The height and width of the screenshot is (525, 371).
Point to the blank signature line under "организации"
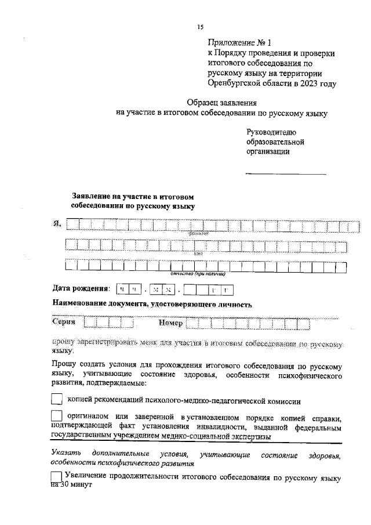(x=285, y=173)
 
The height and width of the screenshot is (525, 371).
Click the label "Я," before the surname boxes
(x=57, y=224)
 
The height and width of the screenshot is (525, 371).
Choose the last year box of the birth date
(x=227, y=289)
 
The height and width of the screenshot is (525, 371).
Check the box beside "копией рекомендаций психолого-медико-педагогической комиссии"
(x=57, y=399)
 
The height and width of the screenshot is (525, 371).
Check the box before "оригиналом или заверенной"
(x=57, y=417)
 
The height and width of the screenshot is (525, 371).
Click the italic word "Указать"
(x=66, y=453)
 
